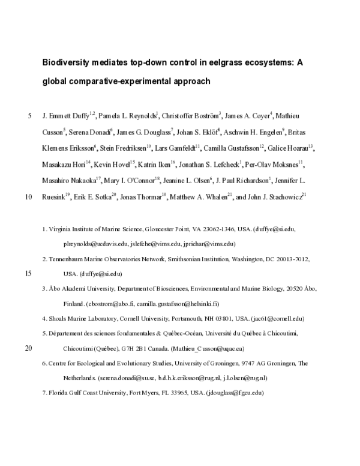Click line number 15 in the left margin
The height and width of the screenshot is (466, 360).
click(x=28, y=273)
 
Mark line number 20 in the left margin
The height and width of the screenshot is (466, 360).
click(x=28, y=348)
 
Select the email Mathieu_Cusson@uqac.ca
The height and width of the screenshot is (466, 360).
click(x=226, y=348)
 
